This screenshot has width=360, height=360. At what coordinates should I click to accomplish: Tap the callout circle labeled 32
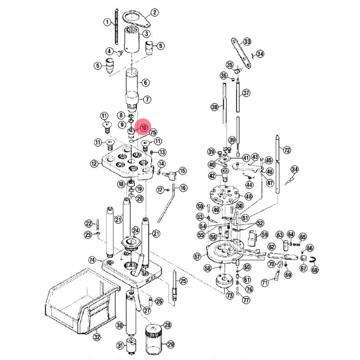(x=96, y=337)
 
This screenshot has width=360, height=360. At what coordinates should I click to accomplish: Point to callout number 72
(x=287, y=150)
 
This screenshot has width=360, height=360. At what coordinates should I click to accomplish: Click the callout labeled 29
(x=171, y=345)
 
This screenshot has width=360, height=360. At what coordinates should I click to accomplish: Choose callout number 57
(x=196, y=256)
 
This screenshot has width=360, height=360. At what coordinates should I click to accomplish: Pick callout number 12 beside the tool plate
(x=94, y=163)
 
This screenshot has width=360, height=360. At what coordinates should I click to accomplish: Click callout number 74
(x=92, y=260)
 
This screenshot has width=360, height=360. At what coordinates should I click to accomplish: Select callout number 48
(x=248, y=196)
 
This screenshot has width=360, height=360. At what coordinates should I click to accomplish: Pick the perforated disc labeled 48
(x=226, y=195)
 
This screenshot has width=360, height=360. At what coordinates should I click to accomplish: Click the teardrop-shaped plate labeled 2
(x=136, y=17)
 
